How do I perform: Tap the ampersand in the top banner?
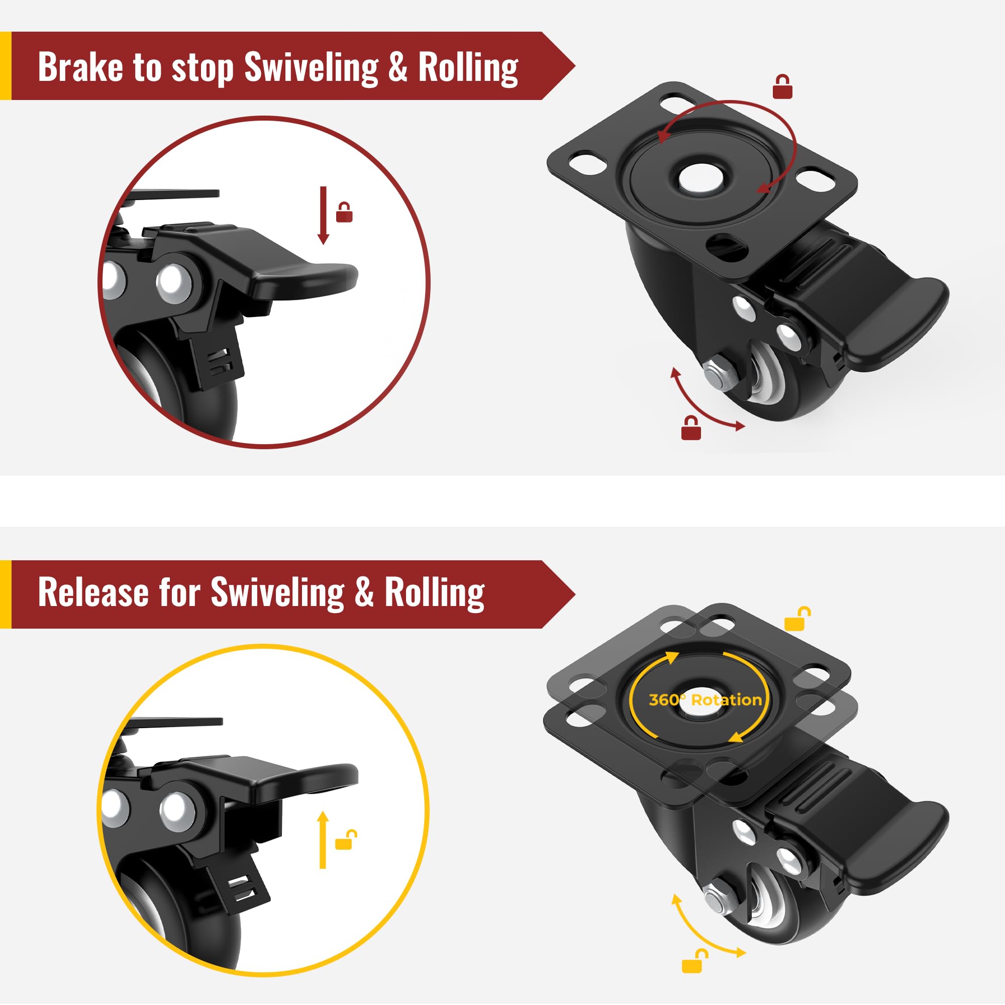pos(397,67)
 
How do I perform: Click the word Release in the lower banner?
pos(93,592)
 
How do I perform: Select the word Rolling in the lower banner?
pos(435,593)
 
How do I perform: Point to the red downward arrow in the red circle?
pos(323,216)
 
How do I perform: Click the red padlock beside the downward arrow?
pos(344,212)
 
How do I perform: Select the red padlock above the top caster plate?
pos(782,87)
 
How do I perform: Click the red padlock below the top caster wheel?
pos(691,428)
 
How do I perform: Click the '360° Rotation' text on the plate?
pos(706,699)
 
